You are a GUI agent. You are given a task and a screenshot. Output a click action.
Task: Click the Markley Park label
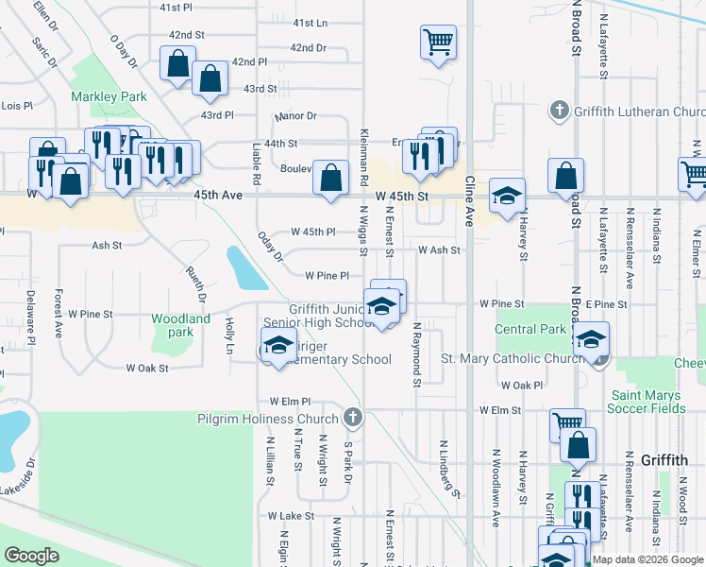pos(109,96)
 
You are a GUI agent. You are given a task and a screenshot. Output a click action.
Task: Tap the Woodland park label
pos(180,325)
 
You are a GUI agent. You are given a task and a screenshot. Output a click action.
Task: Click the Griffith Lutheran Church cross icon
pos(559,112)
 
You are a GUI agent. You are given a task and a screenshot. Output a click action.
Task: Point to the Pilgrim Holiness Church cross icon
pos(352,417)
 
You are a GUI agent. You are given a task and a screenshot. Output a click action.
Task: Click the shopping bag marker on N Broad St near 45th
pos(564,176)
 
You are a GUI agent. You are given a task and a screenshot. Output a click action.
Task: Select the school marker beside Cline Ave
pos(507,198)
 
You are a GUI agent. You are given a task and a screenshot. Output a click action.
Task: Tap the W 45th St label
pos(401,196)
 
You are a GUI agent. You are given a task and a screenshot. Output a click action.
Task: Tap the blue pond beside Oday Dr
pos(245,267)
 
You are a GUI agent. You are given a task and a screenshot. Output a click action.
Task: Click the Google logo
pos(31,556)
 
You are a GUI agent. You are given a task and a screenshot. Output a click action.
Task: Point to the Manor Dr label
pos(295,116)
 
